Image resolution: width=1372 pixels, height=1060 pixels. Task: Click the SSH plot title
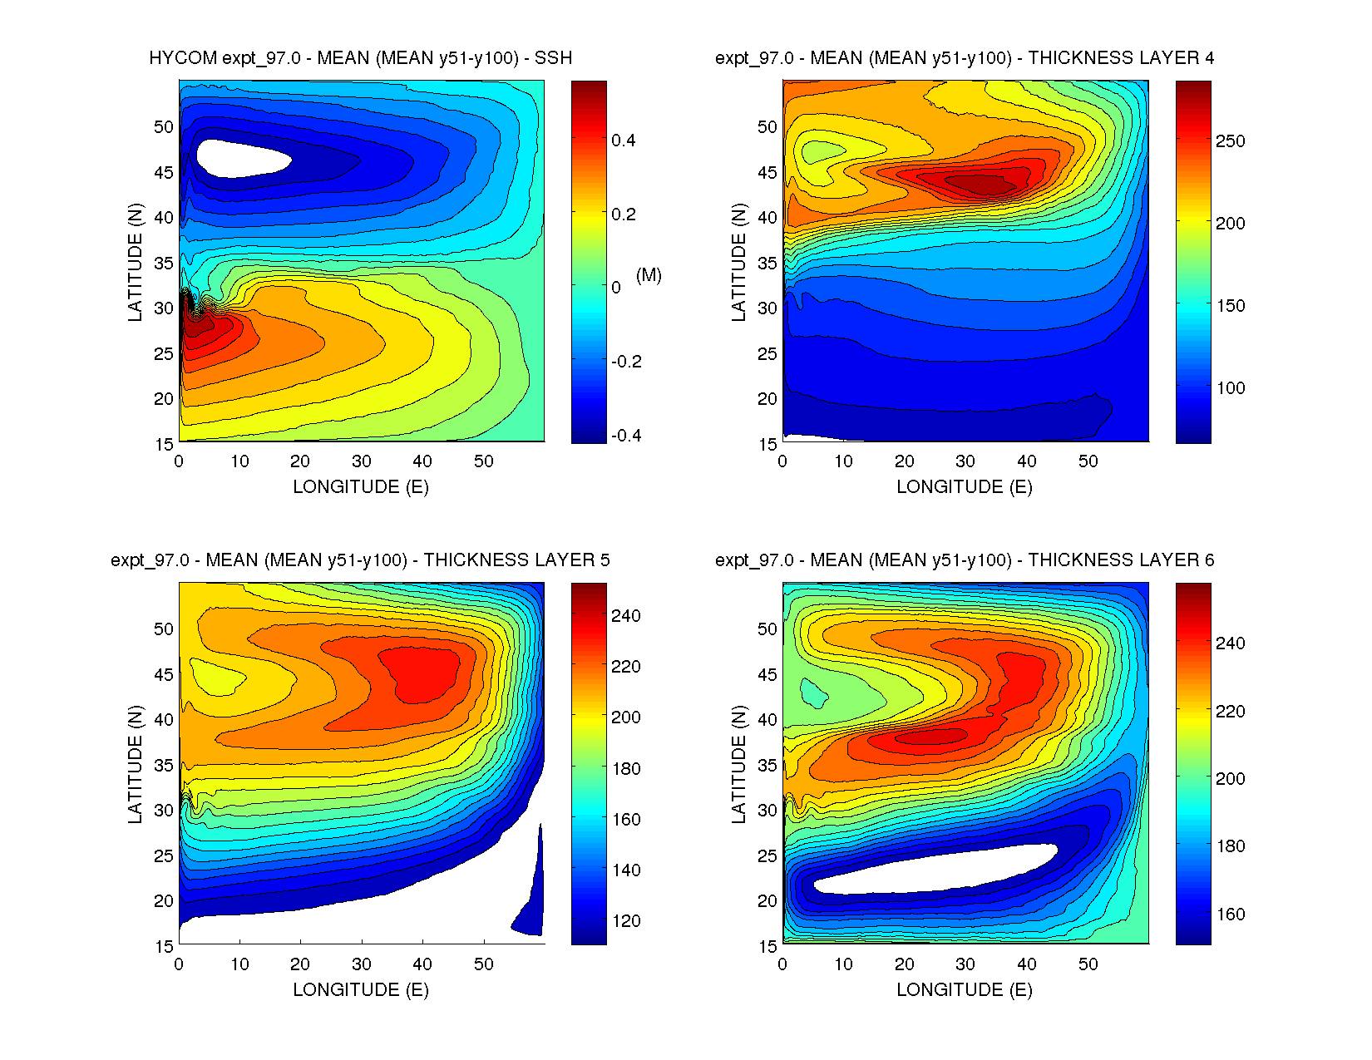tap(360, 58)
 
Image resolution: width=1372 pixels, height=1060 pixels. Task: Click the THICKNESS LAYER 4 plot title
tap(965, 58)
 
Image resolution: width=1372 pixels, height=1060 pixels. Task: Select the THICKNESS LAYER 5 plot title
tap(360, 560)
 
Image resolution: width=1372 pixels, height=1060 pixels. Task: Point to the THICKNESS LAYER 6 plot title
tap(965, 560)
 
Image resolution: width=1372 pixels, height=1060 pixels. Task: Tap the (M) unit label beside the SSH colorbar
tap(649, 275)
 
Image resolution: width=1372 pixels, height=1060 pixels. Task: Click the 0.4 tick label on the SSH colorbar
tap(624, 141)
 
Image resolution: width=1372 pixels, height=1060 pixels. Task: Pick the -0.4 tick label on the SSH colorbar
tap(626, 436)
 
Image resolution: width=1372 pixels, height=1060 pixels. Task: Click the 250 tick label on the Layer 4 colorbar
tap(1230, 141)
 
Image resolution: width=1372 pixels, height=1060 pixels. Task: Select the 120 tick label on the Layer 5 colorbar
tap(625, 921)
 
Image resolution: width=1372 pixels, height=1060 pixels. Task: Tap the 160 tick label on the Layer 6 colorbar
tap(1230, 915)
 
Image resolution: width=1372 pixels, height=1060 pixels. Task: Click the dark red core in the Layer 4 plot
tap(981, 183)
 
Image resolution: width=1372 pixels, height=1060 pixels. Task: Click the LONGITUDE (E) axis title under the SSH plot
tap(361, 487)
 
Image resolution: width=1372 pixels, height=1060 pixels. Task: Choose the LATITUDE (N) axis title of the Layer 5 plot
tap(135, 764)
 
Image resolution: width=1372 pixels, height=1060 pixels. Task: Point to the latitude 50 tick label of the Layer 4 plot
tap(767, 127)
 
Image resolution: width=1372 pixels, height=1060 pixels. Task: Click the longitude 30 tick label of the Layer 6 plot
tap(965, 964)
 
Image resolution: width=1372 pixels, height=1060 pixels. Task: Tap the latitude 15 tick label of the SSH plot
tap(164, 444)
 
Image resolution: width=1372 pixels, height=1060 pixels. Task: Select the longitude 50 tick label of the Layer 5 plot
tap(483, 964)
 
